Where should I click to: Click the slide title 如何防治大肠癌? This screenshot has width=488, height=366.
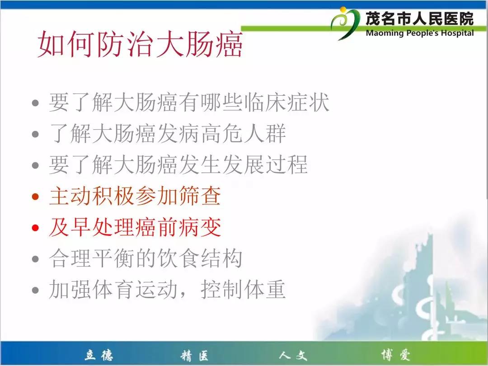click(140, 44)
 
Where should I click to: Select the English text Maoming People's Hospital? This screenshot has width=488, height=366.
click(420, 33)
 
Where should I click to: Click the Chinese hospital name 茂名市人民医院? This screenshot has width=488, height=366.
click(419, 19)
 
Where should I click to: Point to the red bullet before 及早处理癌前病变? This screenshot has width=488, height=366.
click(35, 228)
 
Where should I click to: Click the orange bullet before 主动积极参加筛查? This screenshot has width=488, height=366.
click(35, 197)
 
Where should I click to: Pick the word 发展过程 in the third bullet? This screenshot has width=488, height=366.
click(265, 164)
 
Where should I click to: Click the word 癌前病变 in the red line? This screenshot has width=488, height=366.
click(178, 227)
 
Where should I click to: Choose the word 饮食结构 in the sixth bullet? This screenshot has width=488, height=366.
click(200, 258)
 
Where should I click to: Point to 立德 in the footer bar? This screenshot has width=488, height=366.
click(99, 355)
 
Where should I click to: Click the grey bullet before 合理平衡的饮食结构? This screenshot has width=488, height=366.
click(35, 259)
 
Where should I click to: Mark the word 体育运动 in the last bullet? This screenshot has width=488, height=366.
click(135, 290)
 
